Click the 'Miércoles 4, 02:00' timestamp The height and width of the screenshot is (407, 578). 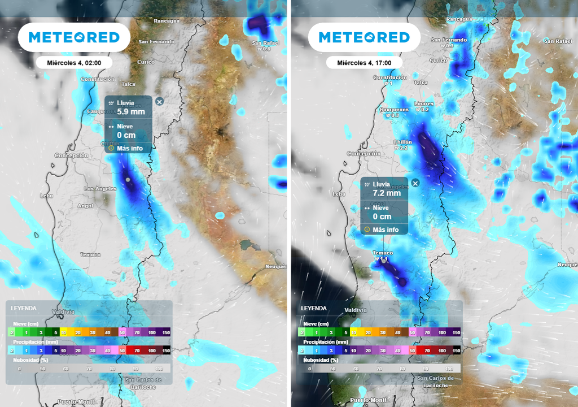tap(73, 63)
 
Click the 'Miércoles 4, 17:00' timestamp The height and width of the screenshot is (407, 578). tap(364, 63)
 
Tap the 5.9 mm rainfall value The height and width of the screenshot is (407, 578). tap(130, 112)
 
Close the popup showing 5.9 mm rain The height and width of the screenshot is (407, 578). tap(159, 101)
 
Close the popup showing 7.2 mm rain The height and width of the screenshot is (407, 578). tap(415, 183)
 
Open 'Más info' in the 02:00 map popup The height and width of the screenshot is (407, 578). tap(129, 148)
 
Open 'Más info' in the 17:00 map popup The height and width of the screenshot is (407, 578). tap(386, 230)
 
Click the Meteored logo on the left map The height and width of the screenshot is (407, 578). tap(74, 37)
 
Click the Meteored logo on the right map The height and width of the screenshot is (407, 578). tap(364, 37)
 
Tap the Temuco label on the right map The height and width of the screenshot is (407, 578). tap(383, 253)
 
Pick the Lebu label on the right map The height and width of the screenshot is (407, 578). tap(339, 194)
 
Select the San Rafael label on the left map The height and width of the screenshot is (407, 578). tap(265, 43)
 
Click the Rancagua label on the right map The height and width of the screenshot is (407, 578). tap(459, 19)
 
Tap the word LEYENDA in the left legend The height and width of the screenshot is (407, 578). tap(24, 308)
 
